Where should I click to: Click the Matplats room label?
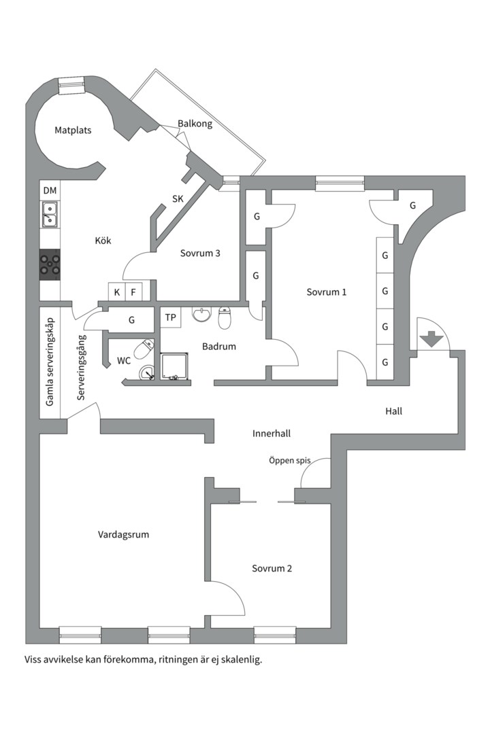[x=73, y=130]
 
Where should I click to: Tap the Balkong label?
[x=195, y=124]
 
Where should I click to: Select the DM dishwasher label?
[x=50, y=191]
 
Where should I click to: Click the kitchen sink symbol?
[x=50, y=215]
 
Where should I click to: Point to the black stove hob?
[x=50, y=264]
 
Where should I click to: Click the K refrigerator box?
[x=117, y=292]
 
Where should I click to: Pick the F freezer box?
[x=133, y=292]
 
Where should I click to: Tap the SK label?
[x=178, y=199]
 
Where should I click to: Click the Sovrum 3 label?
[x=200, y=254]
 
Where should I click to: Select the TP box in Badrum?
[x=171, y=317]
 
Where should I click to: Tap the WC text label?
[x=124, y=361]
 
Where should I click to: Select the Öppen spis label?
[x=289, y=460]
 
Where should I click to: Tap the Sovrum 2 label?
[x=272, y=568]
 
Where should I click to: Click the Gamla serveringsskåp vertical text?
[x=50, y=362]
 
